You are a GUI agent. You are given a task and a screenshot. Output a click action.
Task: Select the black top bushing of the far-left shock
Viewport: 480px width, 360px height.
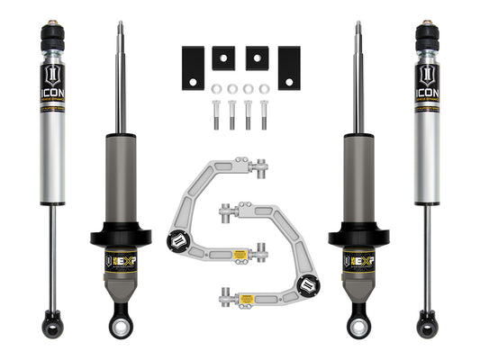[x=50, y=35]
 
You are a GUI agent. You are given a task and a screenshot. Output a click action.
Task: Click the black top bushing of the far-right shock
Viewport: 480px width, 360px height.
[x=429, y=35]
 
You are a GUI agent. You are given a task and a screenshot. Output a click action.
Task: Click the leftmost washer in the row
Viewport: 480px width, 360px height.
[x=217, y=88]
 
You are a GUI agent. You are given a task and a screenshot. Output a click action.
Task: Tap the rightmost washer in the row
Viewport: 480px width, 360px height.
[x=264, y=88]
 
